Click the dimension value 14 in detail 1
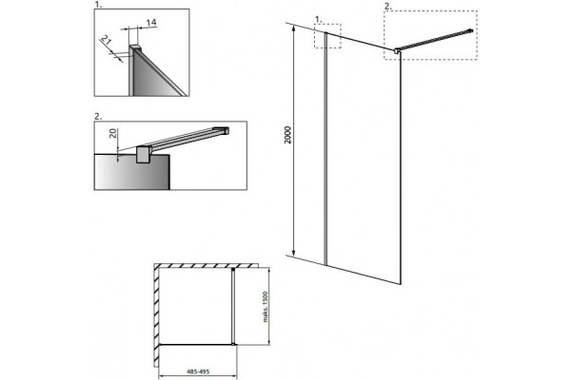click(x=151, y=22)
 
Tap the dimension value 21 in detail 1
click(x=106, y=40)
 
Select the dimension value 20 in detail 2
click(x=113, y=133)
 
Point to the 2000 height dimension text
click(x=288, y=135)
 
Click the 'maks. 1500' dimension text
click(x=266, y=307)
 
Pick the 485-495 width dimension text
click(x=198, y=371)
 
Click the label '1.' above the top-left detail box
click(x=97, y=5)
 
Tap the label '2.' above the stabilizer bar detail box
click(x=98, y=116)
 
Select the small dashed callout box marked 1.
click(x=327, y=36)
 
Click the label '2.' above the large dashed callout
click(x=387, y=7)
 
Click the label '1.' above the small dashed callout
click(x=319, y=19)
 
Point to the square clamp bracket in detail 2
click(x=143, y=155)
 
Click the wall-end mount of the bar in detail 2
click(x=222, y=130)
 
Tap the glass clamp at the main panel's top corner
click(x=397, y=50)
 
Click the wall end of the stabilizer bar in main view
click(x=470, y=31)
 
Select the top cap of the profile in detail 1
click(x=135, y=47)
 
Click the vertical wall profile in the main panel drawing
click(x=325, y=148)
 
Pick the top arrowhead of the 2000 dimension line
click(x=293, y=29)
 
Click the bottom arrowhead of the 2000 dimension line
click(x=293, y=252)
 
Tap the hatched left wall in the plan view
click(x=156, y=315)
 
